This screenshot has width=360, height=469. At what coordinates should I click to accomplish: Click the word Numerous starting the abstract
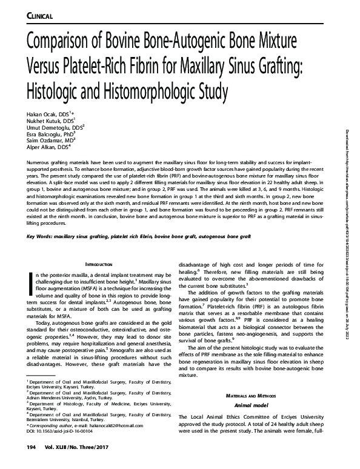tap(40, 164)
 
